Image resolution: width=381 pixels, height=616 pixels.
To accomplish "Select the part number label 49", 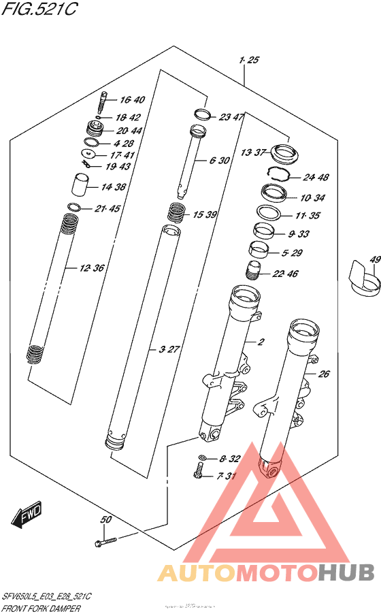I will [x=374, y=259].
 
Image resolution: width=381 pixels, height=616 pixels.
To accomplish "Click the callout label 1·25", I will [x=249, y=61].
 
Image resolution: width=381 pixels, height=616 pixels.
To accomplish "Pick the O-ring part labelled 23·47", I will [x=201, y=114].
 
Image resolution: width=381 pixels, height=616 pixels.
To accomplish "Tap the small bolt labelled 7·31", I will [x=199, y=470].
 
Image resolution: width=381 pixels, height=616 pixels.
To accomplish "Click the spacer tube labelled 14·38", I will [x=82, y=184].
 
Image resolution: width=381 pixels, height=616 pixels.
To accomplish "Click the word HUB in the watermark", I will [x=347, y=573].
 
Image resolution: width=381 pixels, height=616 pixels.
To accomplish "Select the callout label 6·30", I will [x=221, y=161].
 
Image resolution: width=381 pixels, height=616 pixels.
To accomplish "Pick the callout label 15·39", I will [x=203, y=214].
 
